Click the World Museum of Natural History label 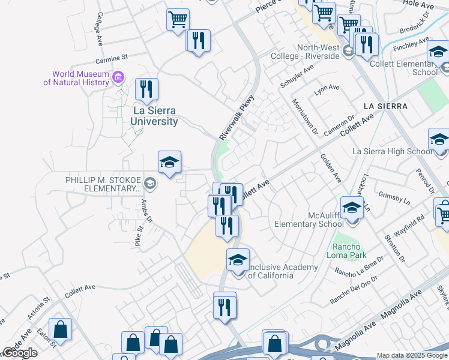click(76, 78)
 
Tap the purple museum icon click(118, 77)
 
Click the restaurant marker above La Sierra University click(146, 90)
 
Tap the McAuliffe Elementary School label click(309, 220)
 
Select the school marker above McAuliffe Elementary click(352, 208)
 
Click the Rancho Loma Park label click(346, 251)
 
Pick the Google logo click(20, 353)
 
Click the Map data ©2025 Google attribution click(412, 355)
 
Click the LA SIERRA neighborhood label click(385, 106)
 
